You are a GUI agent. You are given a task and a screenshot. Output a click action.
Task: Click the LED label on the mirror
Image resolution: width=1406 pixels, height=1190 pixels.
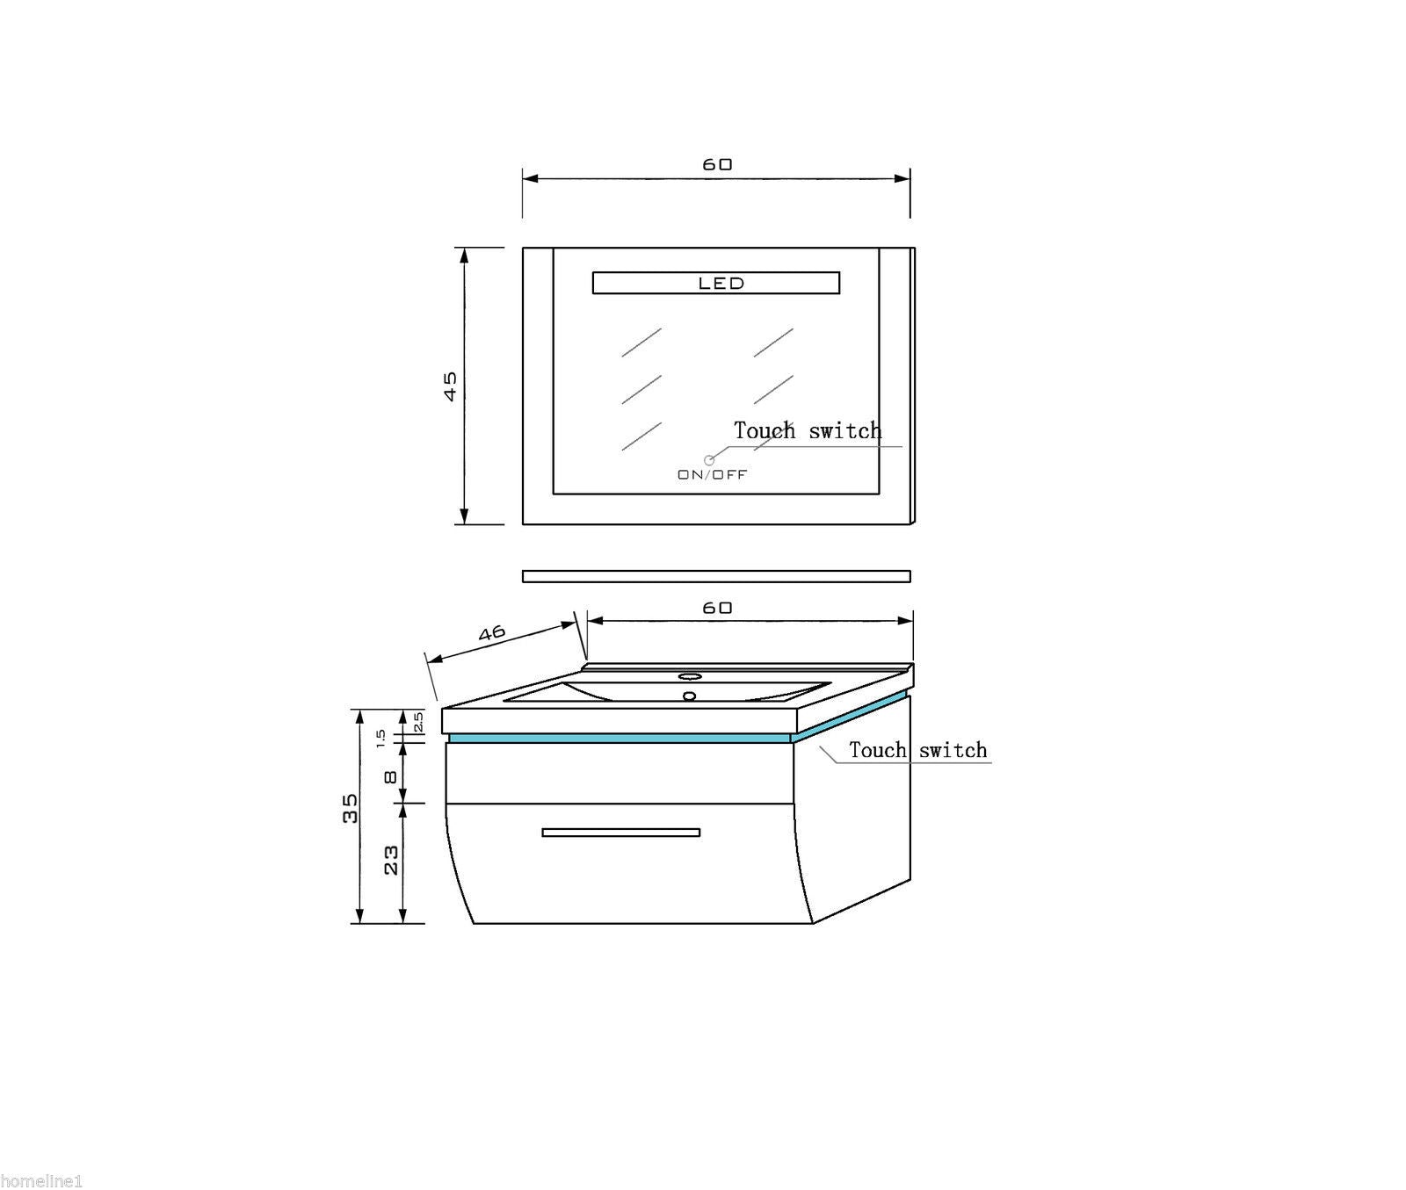(x=721, y=283)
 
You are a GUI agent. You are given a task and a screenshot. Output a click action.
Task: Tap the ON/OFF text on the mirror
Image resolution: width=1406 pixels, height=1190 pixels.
(x=712, y=475)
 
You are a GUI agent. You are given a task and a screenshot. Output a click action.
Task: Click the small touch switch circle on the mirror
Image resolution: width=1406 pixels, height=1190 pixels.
(x=709, y=460)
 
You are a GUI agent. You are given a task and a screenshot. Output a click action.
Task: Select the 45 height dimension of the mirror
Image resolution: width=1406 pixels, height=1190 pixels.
(x=450, y=386)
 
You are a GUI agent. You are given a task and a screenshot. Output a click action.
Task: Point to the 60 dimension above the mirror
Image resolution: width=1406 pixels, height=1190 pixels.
(x=717, y=164)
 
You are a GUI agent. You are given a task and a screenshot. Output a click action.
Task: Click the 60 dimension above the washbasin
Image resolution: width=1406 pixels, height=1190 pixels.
(x=717, y=608)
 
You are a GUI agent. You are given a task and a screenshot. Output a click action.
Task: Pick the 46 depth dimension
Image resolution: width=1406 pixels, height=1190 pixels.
(x=492, y=633)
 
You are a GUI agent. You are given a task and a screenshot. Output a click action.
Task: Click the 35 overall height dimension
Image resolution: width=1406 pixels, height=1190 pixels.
(x=350, y=808)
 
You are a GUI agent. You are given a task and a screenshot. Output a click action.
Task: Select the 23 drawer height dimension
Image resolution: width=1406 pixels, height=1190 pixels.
(x=391, y=859)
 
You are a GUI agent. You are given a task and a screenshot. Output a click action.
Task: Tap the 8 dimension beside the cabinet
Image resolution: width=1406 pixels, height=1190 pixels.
(x=391, y=776)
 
